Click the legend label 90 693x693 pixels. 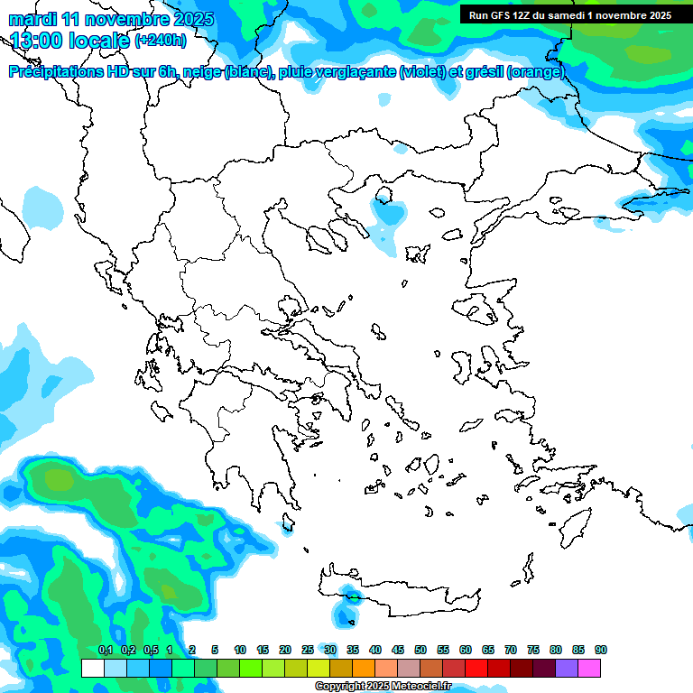[x=601, y=650]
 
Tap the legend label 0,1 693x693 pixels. [x=106, y=650]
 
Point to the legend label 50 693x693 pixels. [x=420, y=650]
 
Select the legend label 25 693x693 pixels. [x=308, y=650]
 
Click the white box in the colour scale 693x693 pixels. [x=92, y=668]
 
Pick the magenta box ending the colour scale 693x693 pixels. [x=590, y=668]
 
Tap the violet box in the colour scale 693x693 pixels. [x=567, y=668]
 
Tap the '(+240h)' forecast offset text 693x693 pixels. [x=161, y=41]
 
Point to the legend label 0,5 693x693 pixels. [x=151, y=650]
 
